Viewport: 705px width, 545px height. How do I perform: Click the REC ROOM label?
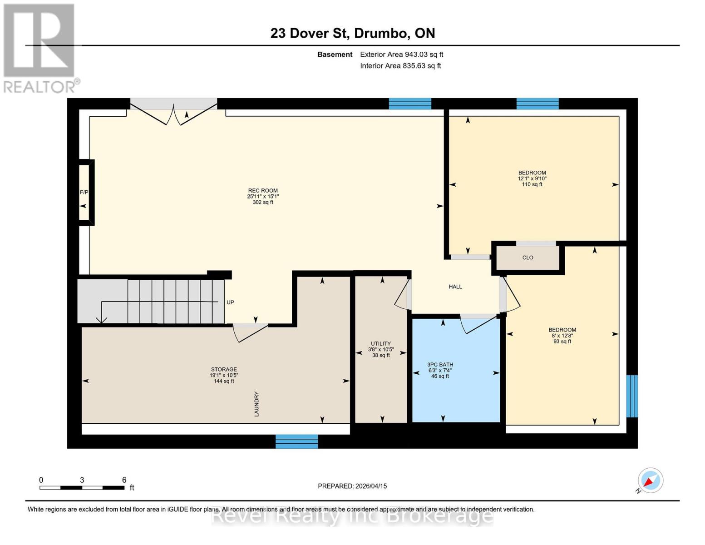tap(263, 191)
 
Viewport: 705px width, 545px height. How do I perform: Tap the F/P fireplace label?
tap(84, 193)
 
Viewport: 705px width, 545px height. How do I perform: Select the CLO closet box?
tap(528, 258)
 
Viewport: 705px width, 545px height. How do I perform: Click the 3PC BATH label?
tap(440, 365)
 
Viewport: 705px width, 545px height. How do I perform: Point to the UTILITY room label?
tap(380, 344)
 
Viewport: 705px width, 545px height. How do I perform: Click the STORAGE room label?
tap(224, 370)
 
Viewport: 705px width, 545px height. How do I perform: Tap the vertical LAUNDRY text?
tap(256, 404)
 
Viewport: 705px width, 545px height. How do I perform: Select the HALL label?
tap(455, 287)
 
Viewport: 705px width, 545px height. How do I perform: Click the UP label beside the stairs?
tap(230, 302)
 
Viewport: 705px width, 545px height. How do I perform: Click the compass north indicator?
tap(650, 481)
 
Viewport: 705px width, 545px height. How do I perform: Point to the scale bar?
tap(82, 488)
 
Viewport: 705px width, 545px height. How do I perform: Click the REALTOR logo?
tap(39, 48)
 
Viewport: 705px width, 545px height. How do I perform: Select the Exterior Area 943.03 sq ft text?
tap(401, 54)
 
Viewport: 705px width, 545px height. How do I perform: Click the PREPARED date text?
tap(352, 486)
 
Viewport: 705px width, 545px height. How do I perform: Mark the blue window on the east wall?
tap(631, 396)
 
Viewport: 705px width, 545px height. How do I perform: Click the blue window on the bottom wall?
tap(297, 441)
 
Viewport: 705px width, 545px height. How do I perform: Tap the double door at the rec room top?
tap(173, 111)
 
